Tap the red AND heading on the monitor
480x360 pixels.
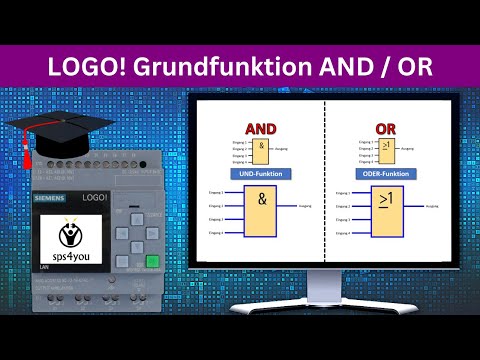pos(260,129)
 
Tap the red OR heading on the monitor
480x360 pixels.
pos(386,129)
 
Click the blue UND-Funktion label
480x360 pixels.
pos(260,174)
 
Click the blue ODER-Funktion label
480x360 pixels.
pos(385,174)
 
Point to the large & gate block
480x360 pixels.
pos(262,212)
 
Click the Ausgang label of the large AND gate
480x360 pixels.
pos(306,209)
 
